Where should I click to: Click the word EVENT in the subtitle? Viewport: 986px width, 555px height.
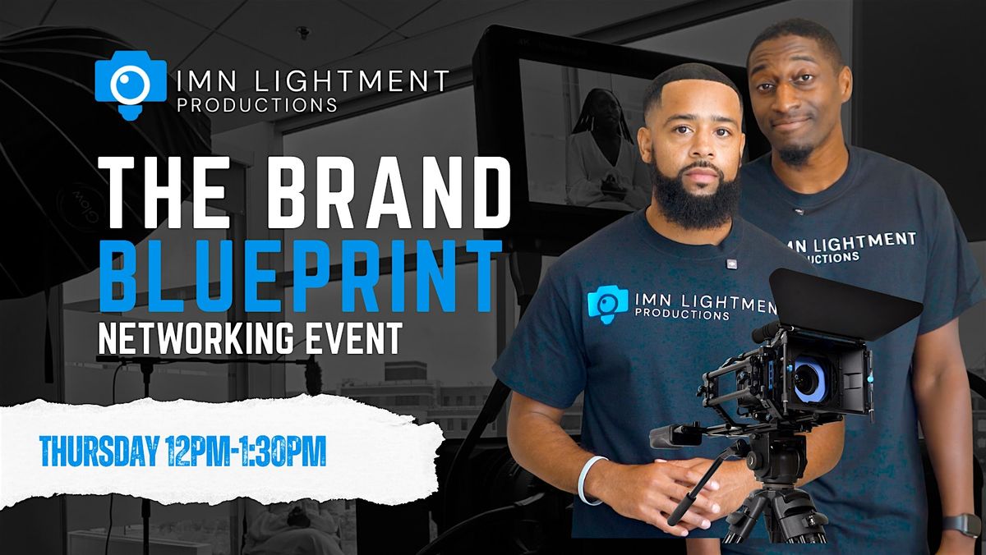coord(362,338)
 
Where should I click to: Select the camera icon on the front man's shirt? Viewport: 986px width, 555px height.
coord(607,304)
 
